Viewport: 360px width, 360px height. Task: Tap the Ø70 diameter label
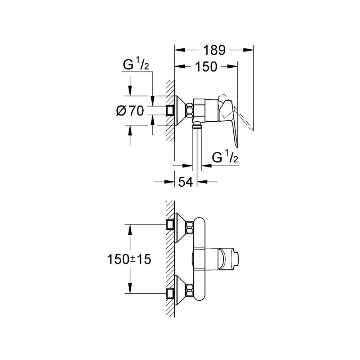click(x=130, y=111)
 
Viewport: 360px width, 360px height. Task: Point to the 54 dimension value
click(x=185, y=182)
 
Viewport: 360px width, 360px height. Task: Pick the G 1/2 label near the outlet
click(x=226, y=158)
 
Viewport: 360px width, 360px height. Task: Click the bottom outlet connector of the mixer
click(x=197, y=126)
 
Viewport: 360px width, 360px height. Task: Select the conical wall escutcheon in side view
click(x=180, y=111)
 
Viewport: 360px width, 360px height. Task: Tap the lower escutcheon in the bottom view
click(x=180, y=292)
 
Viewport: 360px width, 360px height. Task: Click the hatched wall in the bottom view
click(x=170, y=259)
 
